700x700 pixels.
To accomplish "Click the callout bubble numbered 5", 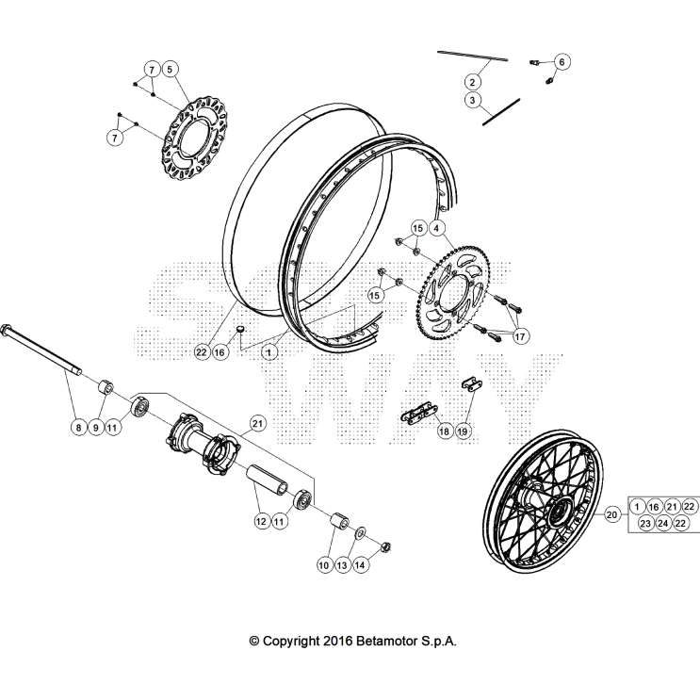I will coord(170,69).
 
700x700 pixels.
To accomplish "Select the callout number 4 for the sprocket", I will coord(436,227).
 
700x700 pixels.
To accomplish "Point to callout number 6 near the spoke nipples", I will coord(562,62).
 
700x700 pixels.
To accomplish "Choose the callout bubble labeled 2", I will coord(473,82).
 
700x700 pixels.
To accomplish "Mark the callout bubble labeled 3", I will coord(473,100).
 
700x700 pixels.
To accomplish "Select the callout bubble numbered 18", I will coord(445,431).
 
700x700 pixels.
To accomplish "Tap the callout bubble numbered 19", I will coord(463,431).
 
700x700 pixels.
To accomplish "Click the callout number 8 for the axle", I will coord(78,428).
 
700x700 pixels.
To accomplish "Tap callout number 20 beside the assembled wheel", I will coord(611,514).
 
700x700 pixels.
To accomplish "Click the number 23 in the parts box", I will coord(645,524).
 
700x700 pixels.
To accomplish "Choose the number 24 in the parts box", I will coord(664,524).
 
